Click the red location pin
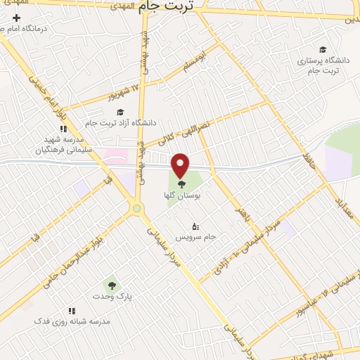181,166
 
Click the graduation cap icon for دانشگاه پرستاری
322,49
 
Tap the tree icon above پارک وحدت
110,285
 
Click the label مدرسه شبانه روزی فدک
73,321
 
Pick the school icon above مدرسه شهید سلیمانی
63,129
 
